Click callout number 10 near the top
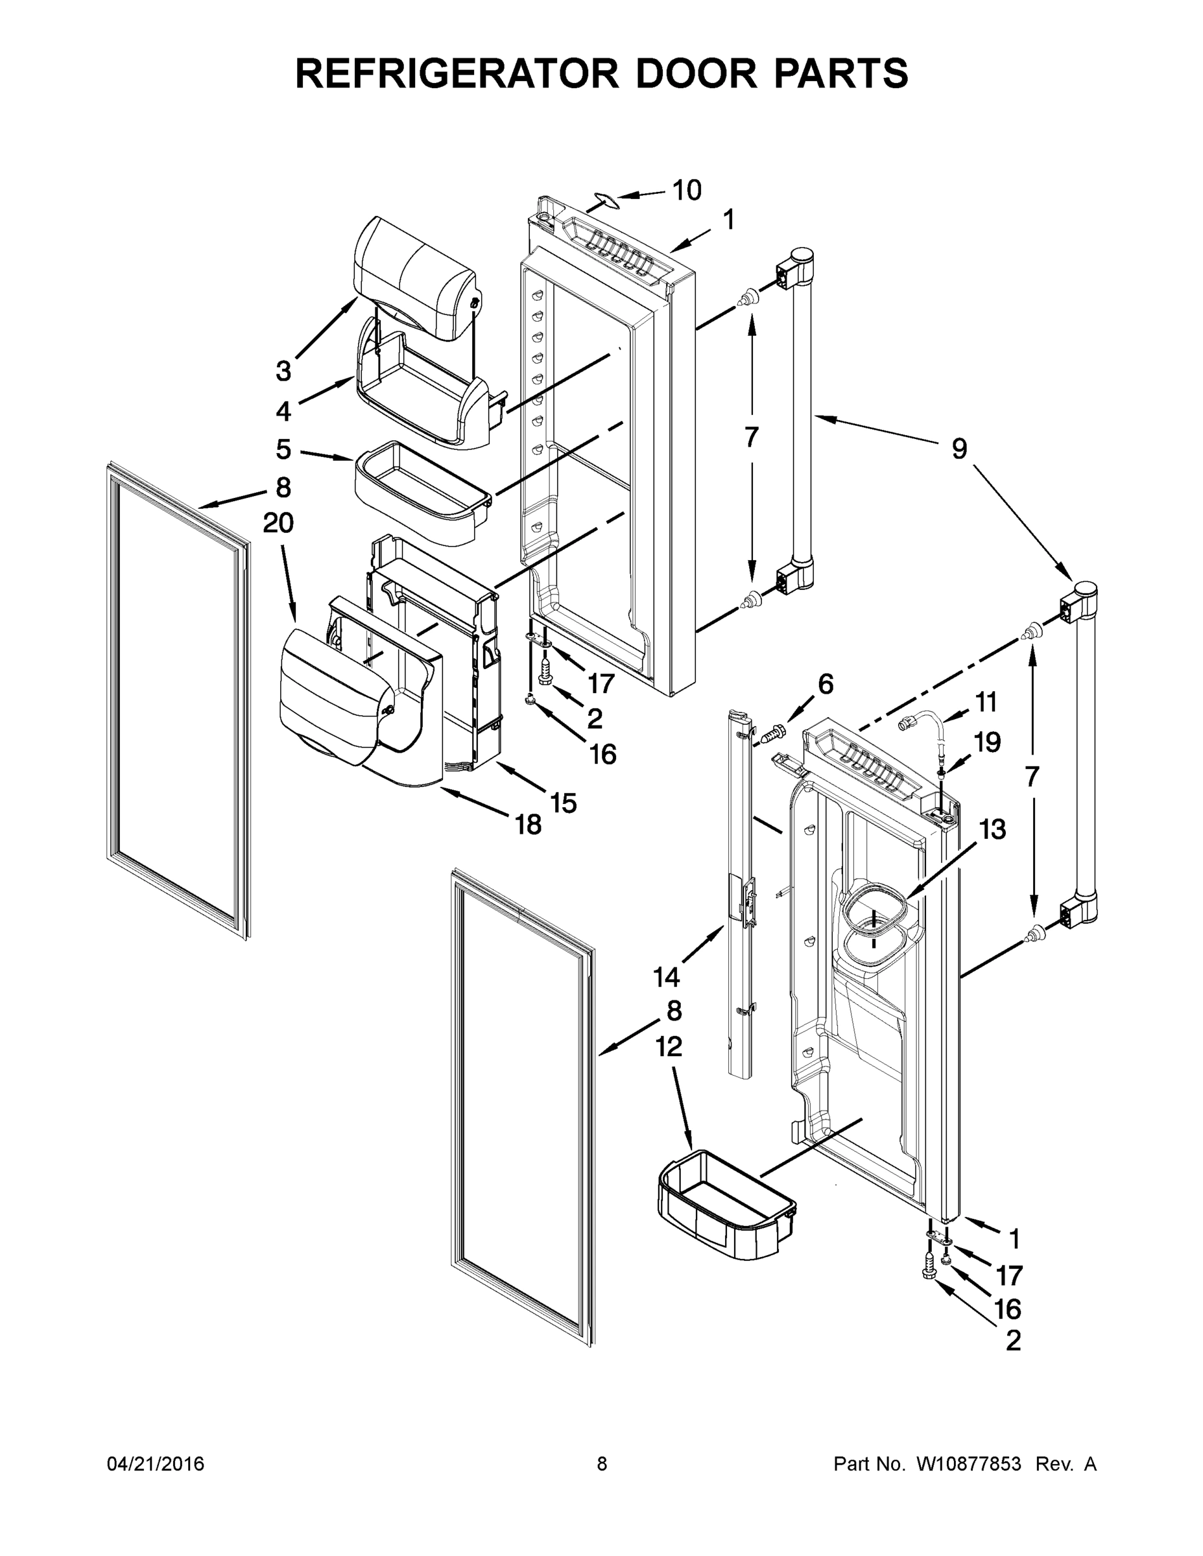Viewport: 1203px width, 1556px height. [686, 190]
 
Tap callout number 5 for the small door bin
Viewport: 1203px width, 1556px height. [283, 449]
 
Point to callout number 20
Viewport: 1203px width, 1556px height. [278, 523]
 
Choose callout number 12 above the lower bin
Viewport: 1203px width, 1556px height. [669, 1046]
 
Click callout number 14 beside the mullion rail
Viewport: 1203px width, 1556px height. [667, 978]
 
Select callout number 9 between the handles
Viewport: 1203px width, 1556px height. [959, 449]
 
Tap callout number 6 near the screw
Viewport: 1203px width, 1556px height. [826, 684]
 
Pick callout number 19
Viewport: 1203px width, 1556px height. [987, 742]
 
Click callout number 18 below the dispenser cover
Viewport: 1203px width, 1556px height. [529, 825]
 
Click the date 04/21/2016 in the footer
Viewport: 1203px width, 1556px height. [156, 1464]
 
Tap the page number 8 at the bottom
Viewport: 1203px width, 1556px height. [602, 1464]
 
